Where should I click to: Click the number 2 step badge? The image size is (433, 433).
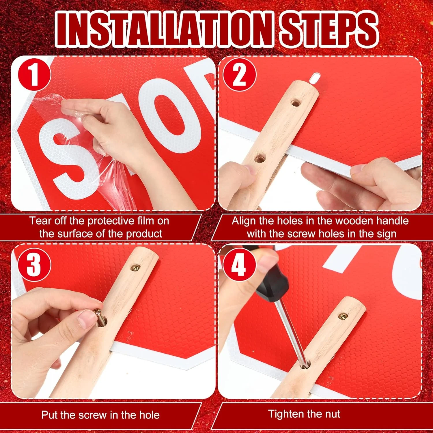(239, 74)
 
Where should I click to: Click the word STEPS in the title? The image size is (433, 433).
(329, 29)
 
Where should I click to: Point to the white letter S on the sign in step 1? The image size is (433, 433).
(65, 160)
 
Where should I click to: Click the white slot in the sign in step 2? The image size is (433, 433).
(315, 77)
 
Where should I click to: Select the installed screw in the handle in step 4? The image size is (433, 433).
(343, 316)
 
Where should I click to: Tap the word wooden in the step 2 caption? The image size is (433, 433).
(354, 221)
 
